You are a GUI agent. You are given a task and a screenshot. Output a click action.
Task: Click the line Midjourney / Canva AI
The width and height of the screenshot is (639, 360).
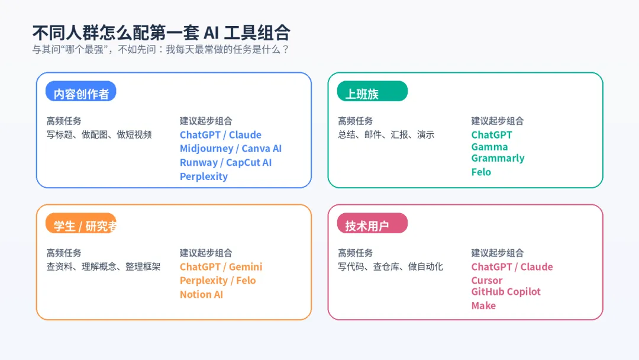tap(231, 149)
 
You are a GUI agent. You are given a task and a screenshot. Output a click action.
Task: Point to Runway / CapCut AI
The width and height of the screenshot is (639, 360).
tap(225, 162)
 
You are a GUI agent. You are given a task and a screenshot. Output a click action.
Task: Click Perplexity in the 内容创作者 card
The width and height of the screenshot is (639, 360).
tap(204, 176)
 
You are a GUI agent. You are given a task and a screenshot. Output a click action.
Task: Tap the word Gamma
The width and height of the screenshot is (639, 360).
tap(489, 147)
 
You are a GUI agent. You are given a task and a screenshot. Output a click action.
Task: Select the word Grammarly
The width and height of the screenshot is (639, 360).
tap(498, 158)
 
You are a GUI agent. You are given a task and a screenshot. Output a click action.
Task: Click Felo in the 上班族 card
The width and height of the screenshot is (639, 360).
tap(481, 172)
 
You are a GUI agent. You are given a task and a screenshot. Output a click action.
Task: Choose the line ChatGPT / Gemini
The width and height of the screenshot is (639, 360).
tap(221, 267)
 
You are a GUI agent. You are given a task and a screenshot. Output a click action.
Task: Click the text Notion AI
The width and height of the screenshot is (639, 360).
tap(201, 294)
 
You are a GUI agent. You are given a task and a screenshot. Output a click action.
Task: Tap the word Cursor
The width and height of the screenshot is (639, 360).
tap(486, 281)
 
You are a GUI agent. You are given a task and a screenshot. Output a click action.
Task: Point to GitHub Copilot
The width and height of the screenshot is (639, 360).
tap(506, 291)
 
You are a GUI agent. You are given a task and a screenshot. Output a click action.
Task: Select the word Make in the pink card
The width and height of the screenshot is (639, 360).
tap(483, 306)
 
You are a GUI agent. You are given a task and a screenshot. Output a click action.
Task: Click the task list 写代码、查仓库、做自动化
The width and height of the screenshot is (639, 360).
tap(390, 267)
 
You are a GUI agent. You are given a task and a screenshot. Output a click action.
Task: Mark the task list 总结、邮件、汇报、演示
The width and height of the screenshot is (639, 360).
tap(386, 135)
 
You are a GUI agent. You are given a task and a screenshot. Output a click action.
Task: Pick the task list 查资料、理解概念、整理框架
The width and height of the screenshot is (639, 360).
tap(103, 267)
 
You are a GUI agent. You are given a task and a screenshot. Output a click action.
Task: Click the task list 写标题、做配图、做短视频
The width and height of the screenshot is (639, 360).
tap(99, 135)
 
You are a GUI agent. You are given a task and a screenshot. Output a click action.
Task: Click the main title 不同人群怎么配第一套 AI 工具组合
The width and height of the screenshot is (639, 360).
tap(161, 32)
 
